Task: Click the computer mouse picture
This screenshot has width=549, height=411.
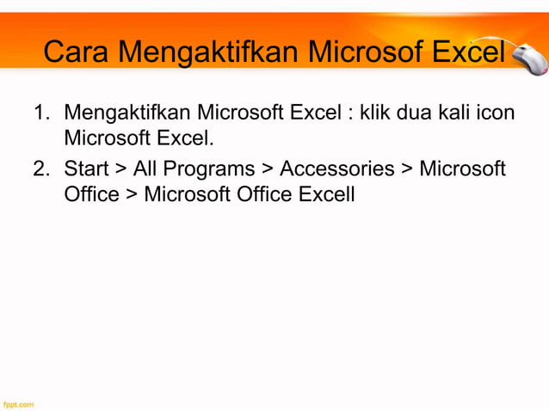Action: (527, 58)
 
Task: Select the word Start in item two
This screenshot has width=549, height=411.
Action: (86, 169)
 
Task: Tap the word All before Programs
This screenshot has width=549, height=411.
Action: (145, 169)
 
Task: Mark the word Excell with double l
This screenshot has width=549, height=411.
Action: (326, 194)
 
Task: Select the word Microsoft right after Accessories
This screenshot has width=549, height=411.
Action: (463, 169)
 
